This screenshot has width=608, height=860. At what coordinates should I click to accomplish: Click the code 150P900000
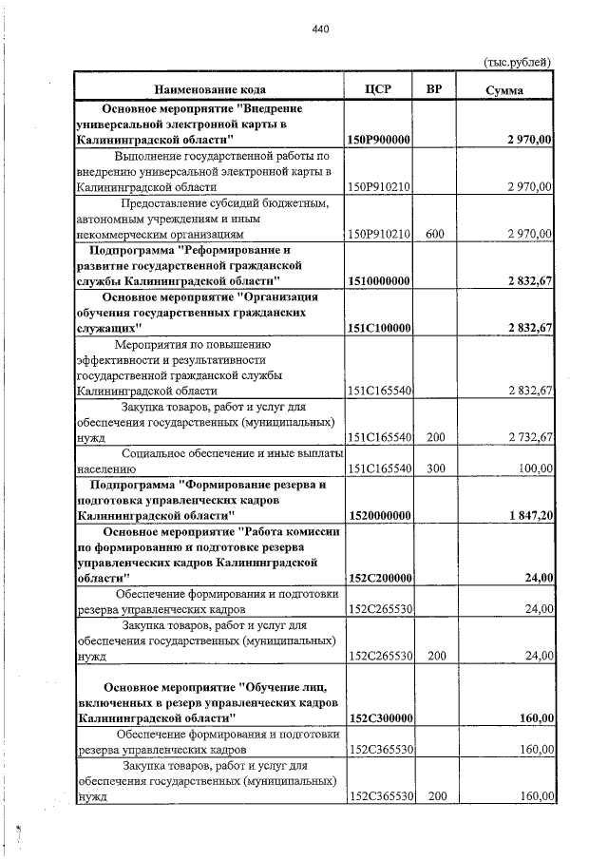point(379,140)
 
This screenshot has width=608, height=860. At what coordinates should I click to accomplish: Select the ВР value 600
point(436,233)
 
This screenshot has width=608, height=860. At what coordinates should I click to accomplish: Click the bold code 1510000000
point(379,281)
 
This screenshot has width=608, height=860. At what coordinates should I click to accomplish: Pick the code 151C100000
point(379,328)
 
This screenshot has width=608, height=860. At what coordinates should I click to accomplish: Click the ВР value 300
point(436,468)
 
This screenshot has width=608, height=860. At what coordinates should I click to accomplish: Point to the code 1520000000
point(379,515)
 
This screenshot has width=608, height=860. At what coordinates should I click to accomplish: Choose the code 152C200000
point(379,577)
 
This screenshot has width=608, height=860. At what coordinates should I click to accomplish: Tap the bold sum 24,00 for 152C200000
point(539,577)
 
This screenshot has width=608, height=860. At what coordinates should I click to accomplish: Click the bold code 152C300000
point(379,718)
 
